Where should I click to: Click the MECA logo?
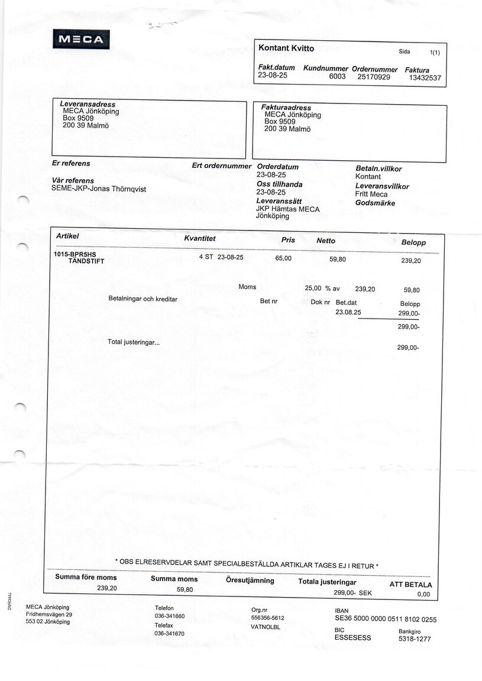[x=81, y=40]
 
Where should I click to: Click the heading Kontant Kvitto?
[x=286, y=48]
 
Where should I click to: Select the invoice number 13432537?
[x=425, y=77]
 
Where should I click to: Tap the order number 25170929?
[x=374, y=77]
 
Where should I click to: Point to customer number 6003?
[x=337, y=76]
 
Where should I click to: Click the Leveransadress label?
[x=88, y=104]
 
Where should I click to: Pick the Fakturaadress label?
[x=286, y=108]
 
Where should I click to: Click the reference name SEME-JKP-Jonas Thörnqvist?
[x=99, y=189]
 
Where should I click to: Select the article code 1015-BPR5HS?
[x=75, y=255]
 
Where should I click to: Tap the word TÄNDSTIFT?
[x=86, y=261]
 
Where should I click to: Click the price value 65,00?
[x=283, y=258]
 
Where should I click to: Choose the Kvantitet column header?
[x=200, y=238]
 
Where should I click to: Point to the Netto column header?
[x=326, y=241]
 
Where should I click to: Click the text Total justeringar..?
[x=133, y=342]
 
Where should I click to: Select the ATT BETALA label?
[x=410, y=585]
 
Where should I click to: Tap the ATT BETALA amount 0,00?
[x=423, y=595]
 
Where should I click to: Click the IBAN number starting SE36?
[x=385, y=620]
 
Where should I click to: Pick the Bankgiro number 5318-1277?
[x=415, y=639]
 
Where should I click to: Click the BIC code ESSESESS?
[x=352, y=638]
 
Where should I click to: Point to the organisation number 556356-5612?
[x=268, y=618]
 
